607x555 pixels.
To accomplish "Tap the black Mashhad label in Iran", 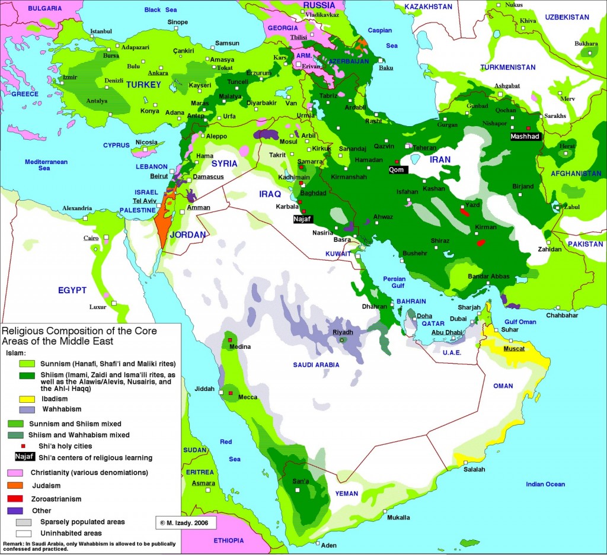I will click(x=525, y=136).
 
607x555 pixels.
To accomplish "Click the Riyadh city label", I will click(x=343, y=332).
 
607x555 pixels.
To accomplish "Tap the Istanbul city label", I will click(x=101, y=31).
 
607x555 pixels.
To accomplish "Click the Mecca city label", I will click(x=247, y=398).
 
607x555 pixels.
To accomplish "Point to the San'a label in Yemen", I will click(x=301, y=481).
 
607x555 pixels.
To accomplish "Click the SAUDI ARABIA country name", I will click(x=316, y=365).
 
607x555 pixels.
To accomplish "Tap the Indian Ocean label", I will click(x=545, y=485).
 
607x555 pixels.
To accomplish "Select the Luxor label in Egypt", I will click(x=98, y=307).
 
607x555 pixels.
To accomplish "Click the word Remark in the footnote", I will click(x=14, y=543).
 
